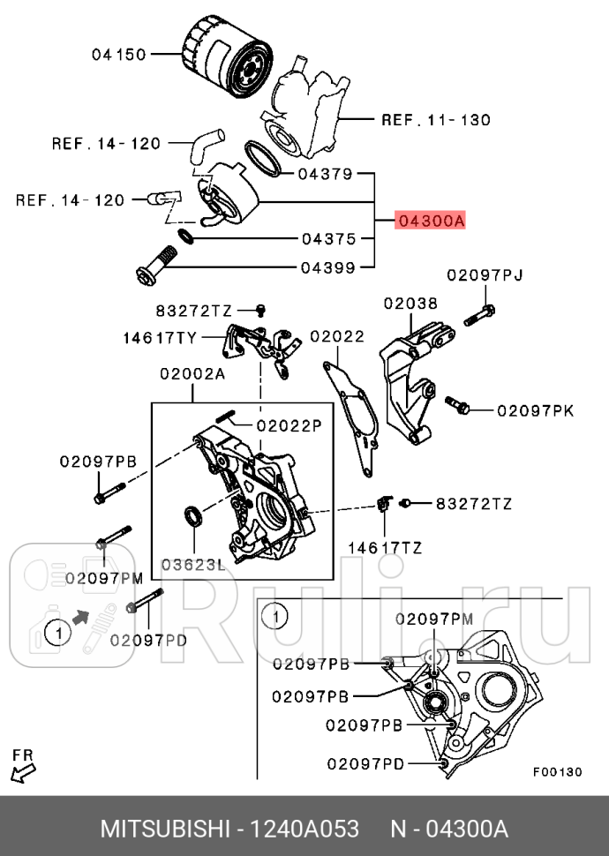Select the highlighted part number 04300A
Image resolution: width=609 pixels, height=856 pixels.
(x=430, y=222)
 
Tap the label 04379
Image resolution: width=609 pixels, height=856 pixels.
(x=325, y=174)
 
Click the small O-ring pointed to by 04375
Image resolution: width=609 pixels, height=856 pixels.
(x=185, y=237)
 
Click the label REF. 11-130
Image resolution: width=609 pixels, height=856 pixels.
(x=435, y=119)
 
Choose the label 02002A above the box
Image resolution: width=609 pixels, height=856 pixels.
(x=192, y=373)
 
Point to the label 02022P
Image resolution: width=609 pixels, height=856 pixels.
(x=289, y=424)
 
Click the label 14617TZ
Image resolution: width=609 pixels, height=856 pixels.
(x=384, y=548)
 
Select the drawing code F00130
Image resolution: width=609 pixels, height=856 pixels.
(x=557, y=770)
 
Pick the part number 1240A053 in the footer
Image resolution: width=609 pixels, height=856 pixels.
(x=305, y=830)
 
